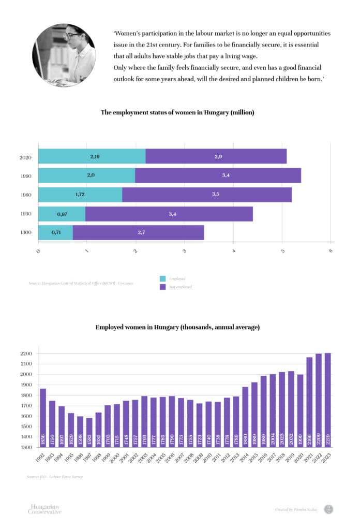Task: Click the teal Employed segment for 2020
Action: [92, 156]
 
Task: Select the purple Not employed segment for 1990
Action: [218, 175]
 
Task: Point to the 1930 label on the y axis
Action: [26, 214]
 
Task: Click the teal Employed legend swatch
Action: [162, 278]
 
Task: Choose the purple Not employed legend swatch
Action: [162, 286]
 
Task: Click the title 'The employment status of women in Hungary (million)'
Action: [177, 112]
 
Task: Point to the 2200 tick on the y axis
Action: [26, 354]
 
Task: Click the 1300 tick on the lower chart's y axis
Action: [26, 447]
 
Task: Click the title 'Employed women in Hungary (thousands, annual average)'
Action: [177, 327]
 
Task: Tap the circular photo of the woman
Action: [64, 55]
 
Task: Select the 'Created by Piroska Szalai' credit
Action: [295, 510]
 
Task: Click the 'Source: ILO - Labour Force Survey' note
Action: [54, 477]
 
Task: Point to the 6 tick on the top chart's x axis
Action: [331, 251]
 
